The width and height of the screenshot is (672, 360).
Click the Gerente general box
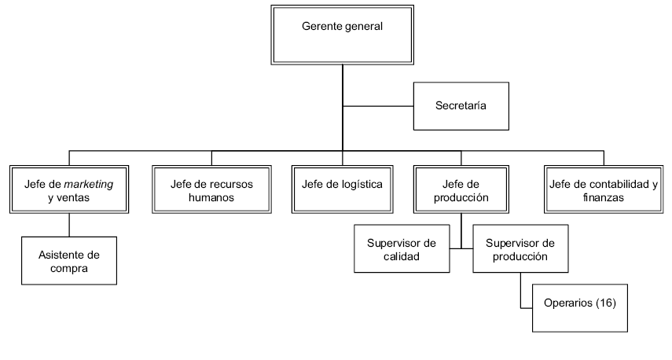pyautogui.click(x=342, y=35)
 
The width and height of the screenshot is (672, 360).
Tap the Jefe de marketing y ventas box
pyautogui.click(x=68, y=189)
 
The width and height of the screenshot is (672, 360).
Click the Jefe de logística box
pyautogui.click(x=342, y=189)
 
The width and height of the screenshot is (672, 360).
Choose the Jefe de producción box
pyautogui.click(x=461, y=189)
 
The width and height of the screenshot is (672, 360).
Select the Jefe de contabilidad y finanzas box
pyautogui.click(x=604, y=189)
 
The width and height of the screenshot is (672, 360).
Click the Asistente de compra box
pyautogui.click(x=68, y=261)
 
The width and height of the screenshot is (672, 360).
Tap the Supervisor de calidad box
pyautogui.click(x=401, y=248)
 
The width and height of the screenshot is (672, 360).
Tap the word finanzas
pyautogui.click(x=604, y=198)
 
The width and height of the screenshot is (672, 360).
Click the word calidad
pyautogui.click(x=401, y=256)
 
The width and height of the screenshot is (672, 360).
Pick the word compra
pyautogui.click(x=68, y=269)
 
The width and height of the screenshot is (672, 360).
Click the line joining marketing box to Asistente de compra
pyautogui.click(x=68, y=226)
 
